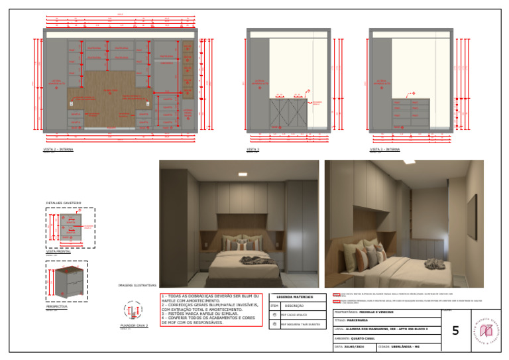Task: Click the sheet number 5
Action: [455, 330]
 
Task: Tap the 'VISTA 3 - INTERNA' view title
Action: [384, 150]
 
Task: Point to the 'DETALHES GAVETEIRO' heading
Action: [64, 203]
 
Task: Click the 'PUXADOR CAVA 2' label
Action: [134, 326]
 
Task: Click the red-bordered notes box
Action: [211, 310]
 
